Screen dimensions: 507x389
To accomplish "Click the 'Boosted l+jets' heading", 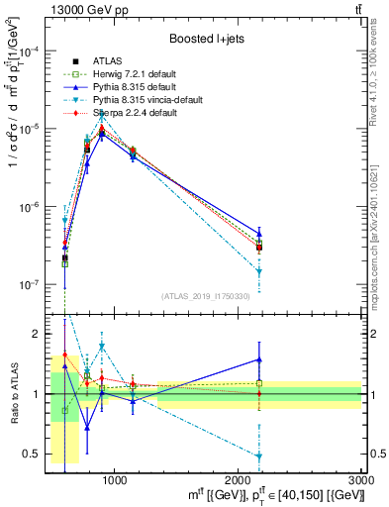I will [206, 39].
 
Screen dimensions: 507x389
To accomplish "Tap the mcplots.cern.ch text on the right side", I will [379, 228].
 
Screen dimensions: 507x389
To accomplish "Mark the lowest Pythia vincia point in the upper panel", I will [259, 270].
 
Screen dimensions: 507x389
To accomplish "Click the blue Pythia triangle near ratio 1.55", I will [259, 359].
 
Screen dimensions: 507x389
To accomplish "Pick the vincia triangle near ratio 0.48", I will [259, 456].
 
